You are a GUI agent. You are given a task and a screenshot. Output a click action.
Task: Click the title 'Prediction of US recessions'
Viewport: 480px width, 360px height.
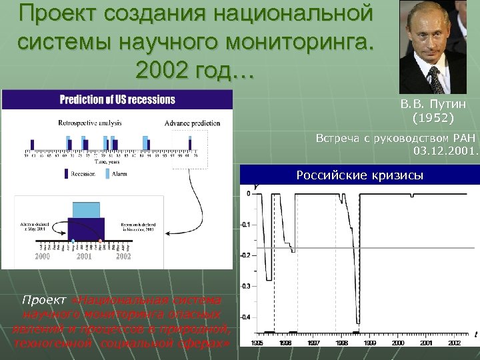[117, 100]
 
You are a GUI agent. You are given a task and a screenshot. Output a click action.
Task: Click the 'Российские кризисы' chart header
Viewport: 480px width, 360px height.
[359, 175]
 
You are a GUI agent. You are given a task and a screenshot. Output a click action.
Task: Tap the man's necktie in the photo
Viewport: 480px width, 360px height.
[435, 79]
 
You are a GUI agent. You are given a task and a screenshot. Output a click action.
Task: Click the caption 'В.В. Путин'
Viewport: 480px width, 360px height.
[433, 105]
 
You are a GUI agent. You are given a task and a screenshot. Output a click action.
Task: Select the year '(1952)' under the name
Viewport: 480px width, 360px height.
[433, 118]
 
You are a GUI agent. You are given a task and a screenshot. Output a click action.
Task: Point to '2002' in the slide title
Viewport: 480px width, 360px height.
[160, 67]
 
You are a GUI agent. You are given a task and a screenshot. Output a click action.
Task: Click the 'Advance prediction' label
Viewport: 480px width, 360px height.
[191, 123]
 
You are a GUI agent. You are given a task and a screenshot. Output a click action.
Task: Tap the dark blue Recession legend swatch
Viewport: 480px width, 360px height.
[67, 173]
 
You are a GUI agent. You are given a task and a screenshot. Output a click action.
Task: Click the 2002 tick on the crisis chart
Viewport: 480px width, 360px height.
[455, 343]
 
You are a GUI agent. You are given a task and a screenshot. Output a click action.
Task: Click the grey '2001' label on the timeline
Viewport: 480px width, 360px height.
[85, 256]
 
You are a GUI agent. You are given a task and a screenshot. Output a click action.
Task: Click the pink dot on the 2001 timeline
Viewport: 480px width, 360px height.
[100, 240]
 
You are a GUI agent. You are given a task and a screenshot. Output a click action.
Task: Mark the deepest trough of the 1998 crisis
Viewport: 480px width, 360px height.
[357, 322]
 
